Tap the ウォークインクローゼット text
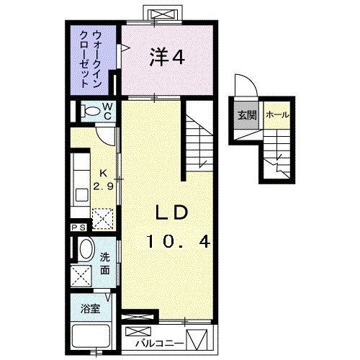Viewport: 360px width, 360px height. [93, 58]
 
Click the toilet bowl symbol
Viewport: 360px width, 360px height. [89, 112]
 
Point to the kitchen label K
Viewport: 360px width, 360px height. [102, 174]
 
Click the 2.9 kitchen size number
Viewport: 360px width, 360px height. [101, 186]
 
